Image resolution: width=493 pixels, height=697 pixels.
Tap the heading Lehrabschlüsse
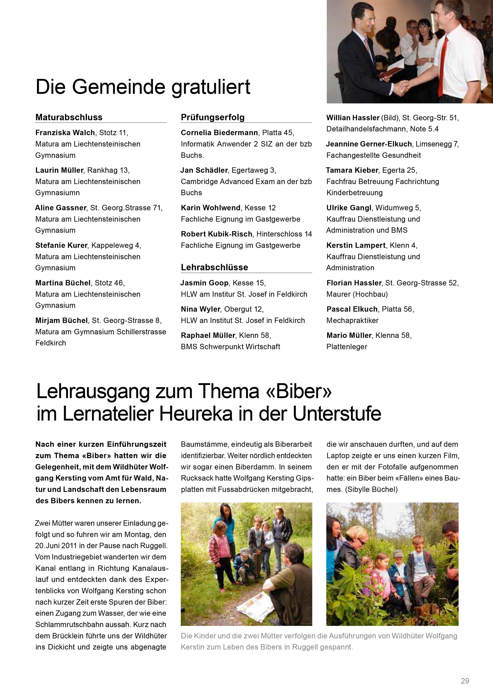214,267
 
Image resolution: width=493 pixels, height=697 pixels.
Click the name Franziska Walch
65,133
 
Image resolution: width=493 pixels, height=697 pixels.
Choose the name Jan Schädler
204,170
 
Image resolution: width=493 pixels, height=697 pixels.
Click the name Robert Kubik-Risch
216,234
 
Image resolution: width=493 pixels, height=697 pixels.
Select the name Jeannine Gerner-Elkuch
369,144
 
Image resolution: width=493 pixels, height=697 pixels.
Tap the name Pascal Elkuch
352,309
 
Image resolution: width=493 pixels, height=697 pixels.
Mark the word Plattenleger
347,347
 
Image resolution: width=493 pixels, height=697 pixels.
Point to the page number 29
465,681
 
